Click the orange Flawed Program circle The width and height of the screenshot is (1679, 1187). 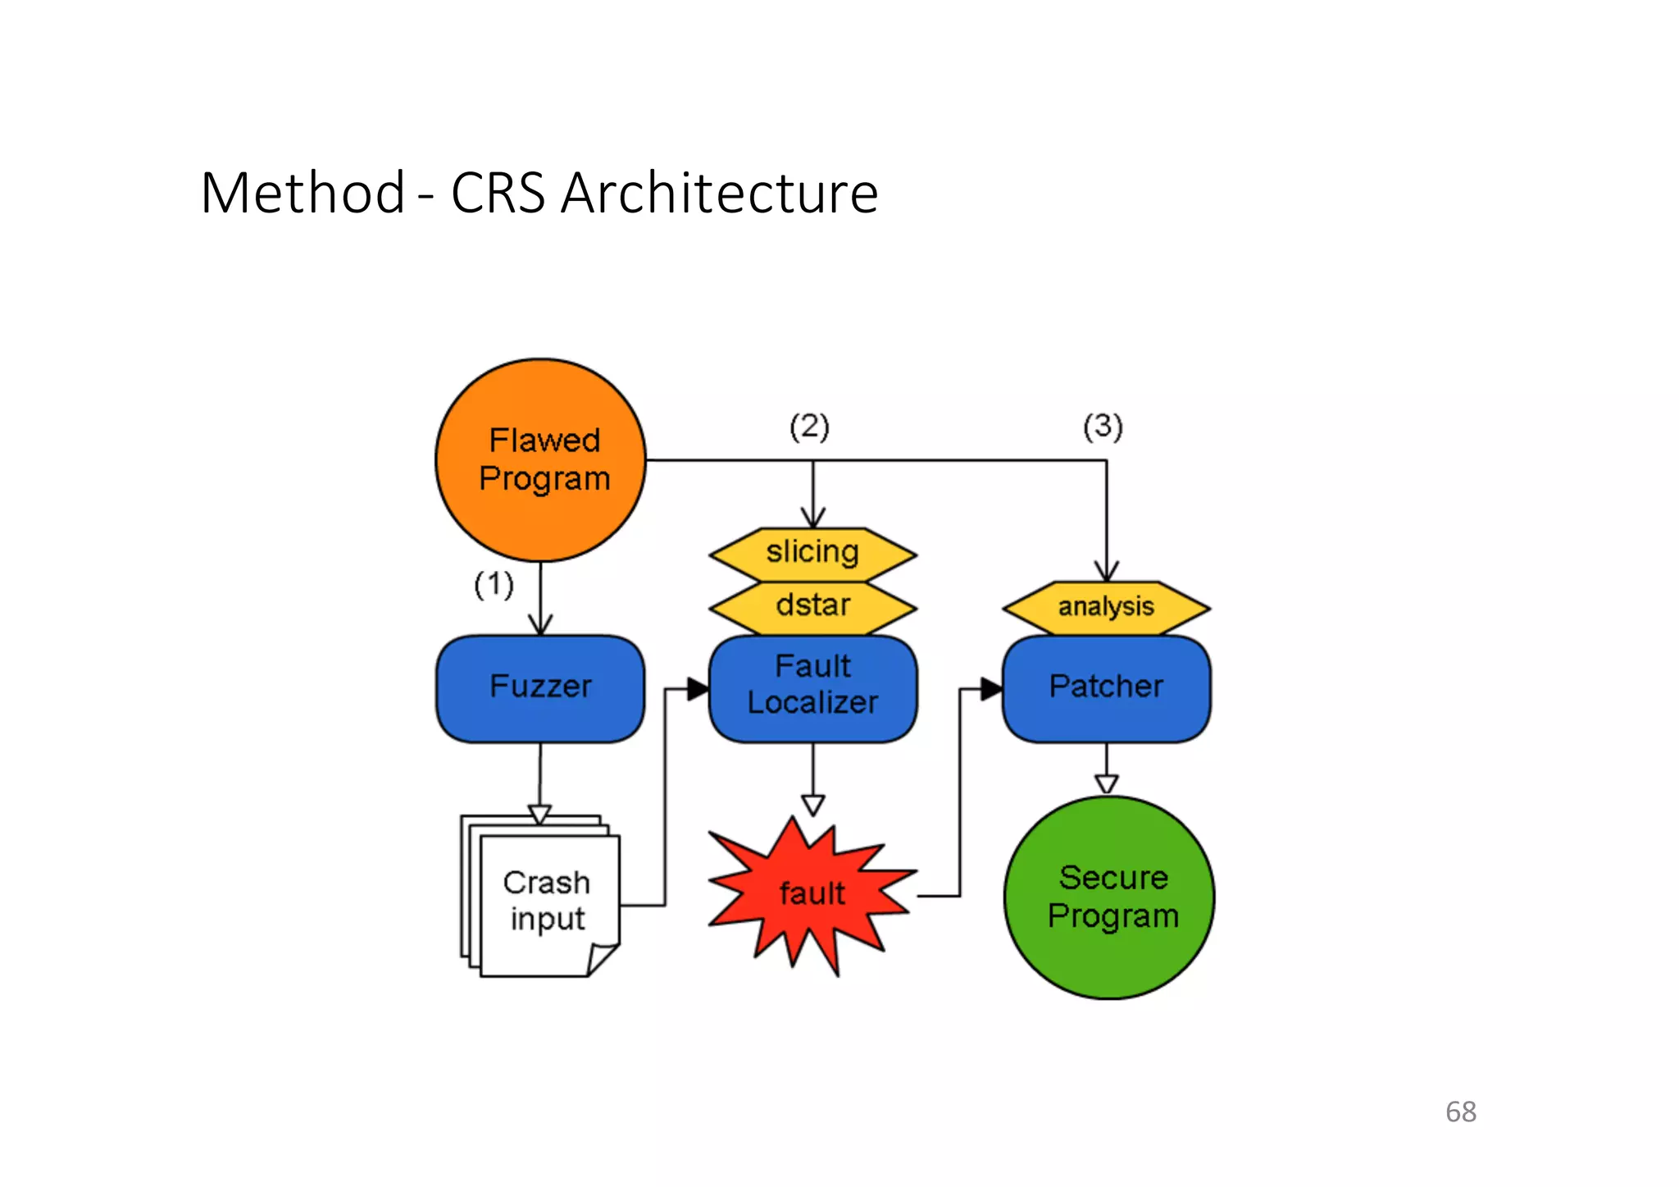541,459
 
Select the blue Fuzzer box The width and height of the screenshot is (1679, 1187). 540,687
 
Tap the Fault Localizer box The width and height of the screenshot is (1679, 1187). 812,687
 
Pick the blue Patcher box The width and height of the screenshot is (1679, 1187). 1106,687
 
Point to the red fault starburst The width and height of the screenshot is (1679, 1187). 812,894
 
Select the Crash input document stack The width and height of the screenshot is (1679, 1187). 546,901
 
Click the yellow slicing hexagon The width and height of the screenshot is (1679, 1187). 812,553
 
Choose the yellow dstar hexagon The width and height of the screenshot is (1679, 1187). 812,606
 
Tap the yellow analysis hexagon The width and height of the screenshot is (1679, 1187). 1106,607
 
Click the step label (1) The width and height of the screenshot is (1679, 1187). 494,585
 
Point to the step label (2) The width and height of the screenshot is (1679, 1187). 809,427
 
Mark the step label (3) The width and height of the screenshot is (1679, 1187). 1103,427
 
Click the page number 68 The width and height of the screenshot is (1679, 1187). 1460,1112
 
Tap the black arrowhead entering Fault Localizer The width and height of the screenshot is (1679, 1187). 698,689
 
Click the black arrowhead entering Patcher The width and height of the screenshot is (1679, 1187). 991,689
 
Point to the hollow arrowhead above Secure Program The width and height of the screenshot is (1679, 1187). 1106,783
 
